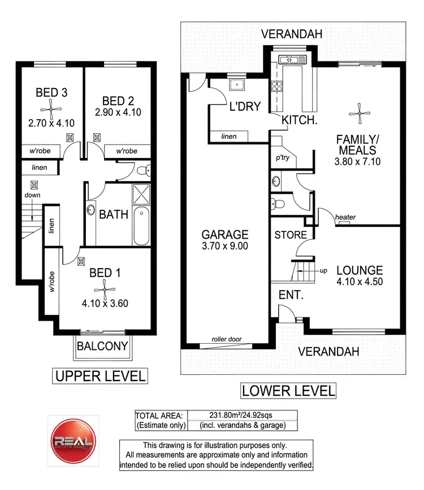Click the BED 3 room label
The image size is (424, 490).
tap(51, 92)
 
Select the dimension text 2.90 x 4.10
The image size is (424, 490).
tap(118, 112)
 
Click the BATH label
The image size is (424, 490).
tap(114, 215)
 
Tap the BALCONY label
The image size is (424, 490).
tap(102, 346)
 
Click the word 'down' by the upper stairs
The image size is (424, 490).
tap(33, 195)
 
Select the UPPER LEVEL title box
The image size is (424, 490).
tap(99, 375)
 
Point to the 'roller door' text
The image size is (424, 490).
tap(227, 339)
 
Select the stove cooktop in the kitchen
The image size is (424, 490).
tap(278, 86)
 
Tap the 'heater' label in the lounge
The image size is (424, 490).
tap(344, 217)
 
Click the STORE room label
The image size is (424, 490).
tap(291, 235)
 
